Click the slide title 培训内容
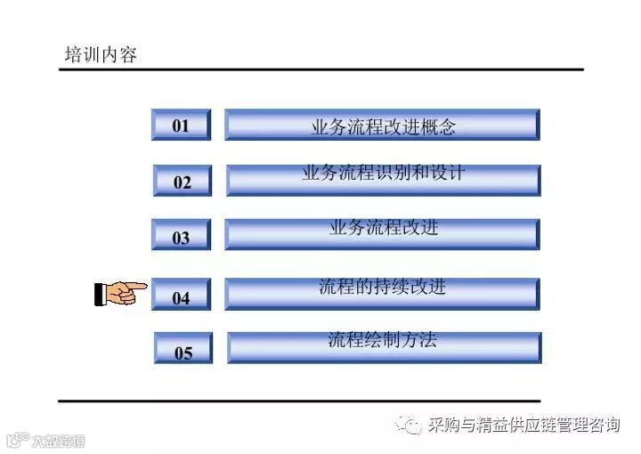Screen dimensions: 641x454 [x=101, y=55]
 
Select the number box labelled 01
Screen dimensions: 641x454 [x=181, y=126]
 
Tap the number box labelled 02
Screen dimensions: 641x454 [x=183, y=182]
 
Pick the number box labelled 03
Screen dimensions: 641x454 [x=181, y=238]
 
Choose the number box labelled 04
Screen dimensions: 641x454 [x=181, y=296]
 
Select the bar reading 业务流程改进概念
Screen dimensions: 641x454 [x=382, y=126]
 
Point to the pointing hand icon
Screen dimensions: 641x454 [x=120, y=292]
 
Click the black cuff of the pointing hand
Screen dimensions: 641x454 [x=100, y=294]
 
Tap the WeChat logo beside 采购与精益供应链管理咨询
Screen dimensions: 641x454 [x=410, y=425]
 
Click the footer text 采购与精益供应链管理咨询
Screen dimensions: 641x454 [x=523, y=426]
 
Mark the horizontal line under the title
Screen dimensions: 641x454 [x=320, y=69]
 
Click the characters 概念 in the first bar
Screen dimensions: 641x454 [x=437, y=127]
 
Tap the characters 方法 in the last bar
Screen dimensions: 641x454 [x=418, y=339]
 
